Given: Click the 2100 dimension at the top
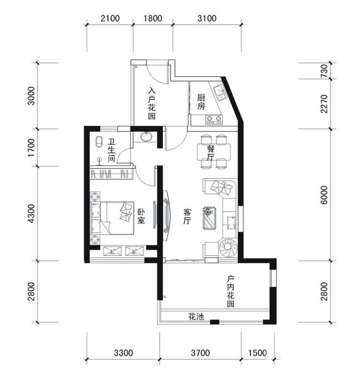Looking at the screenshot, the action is (x=110, y=18).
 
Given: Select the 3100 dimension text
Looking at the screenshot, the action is (x=207, y=18).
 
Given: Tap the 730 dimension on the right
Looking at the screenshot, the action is (x=324, y=71).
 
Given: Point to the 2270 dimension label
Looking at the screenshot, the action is (x=324, y=104).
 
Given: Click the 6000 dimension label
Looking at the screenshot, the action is (x=324, y=195).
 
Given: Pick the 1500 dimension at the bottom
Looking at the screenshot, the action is (x=257, y=353).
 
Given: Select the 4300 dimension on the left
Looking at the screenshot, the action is (x=31, y=214).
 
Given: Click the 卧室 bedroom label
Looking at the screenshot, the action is (x=141, y=216).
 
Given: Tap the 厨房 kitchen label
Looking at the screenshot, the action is (x=201, y=102).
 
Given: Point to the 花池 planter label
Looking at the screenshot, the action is (x=196, y=317).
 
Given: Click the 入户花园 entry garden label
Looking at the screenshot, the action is (x=151, y=103).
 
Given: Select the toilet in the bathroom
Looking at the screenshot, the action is (x=99, y=142).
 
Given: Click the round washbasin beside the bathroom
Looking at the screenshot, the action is (x=147, y=136).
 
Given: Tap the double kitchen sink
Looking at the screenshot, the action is (x=220, y=92).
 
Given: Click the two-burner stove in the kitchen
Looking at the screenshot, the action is (x=214, y=119).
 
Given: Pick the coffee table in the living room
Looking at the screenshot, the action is (x=209, y=218).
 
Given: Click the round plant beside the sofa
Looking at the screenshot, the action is (x=228, y=247).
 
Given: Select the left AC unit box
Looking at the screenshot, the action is (x=113, y=251).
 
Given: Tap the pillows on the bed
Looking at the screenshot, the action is (x=126, y=212).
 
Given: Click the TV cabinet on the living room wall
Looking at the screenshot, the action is (x=166, y=216).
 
